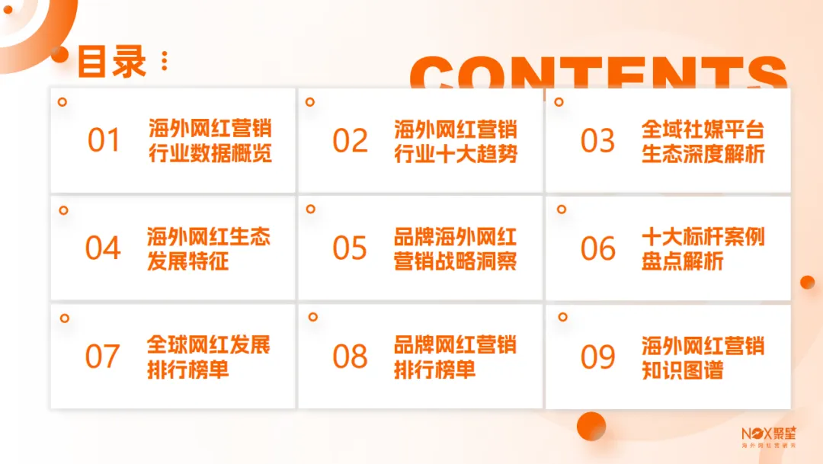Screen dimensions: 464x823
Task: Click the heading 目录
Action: tap(111, 61)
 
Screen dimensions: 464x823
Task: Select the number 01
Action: tap(104, 140)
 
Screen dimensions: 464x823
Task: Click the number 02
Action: tap(351, 140)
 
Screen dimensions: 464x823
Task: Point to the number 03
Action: tap(597, 140)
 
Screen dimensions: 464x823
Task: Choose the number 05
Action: tap(351, 248)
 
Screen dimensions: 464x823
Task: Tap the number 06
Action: tap(597, 248)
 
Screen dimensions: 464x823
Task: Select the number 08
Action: tap(351, 357)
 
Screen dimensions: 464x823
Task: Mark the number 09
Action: tap(597, 357)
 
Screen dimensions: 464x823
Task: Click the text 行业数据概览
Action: tap(210, 154)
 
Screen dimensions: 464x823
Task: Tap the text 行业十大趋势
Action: tap(456, 154)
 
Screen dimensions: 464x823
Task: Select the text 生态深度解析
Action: tap(703, 154)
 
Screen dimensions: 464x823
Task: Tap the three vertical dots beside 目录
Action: tap(165, 61)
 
